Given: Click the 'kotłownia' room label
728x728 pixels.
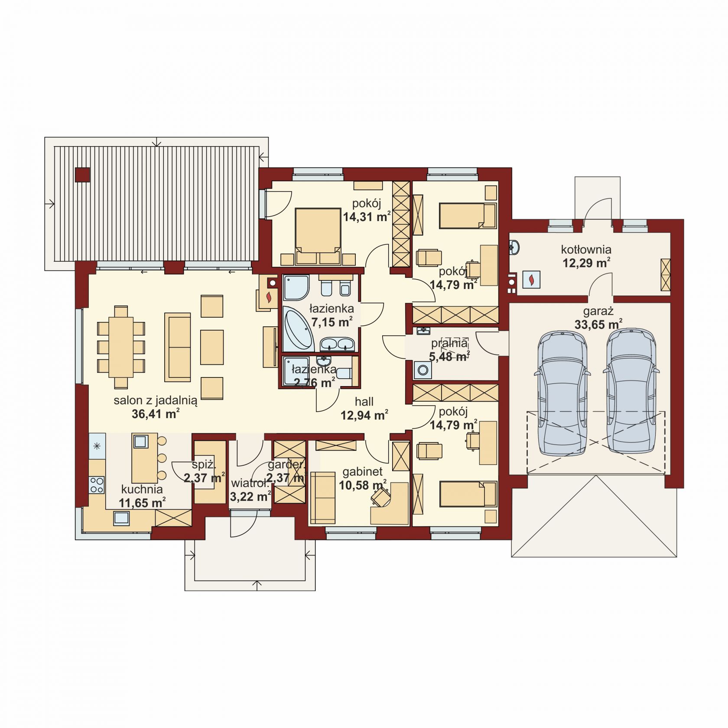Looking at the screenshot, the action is point(586,250).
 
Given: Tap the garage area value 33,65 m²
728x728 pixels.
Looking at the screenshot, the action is point(598,324).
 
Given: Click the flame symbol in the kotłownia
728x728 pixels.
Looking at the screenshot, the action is point(531,279).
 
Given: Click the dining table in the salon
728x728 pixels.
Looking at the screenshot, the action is point(121,347).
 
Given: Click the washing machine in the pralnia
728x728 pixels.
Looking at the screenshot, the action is point(422,371).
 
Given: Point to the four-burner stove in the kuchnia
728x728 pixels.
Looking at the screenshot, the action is point(97,485).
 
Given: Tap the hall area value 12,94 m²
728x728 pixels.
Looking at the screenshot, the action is point(364,416).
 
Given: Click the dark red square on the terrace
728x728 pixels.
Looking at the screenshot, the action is point(82,175).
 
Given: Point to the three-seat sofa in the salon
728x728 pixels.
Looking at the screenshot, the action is point(177,347).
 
